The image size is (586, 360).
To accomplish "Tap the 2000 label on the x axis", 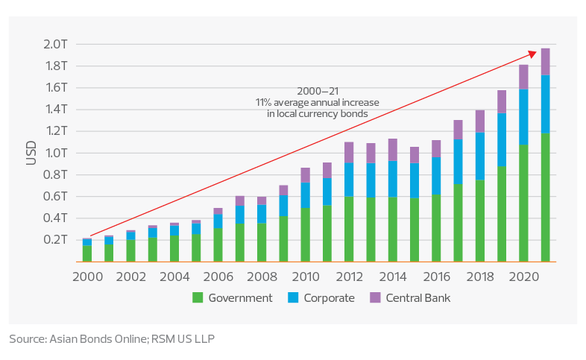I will pyautogui.click(x=86, y=275).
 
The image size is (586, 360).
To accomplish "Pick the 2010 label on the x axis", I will pyautogui.click(x=305, y=275).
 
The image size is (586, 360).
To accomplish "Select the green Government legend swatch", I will pyautogui.click(x=198, y=298).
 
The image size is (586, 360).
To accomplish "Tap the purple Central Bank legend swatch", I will pyautogui.click(x=375, y=298).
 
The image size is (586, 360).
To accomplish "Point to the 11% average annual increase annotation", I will pyautogui.click(x=318, y=101).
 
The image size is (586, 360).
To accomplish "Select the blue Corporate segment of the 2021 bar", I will pyautogui.click(x=545, y=104).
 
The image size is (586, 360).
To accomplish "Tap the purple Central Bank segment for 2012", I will pyautogui.click(x=349, y=151).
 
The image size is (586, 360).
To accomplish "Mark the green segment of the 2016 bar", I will pyautogui.click(x=436, y=228).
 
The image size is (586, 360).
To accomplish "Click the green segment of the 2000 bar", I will pyautogui.click(x=87, y=253).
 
